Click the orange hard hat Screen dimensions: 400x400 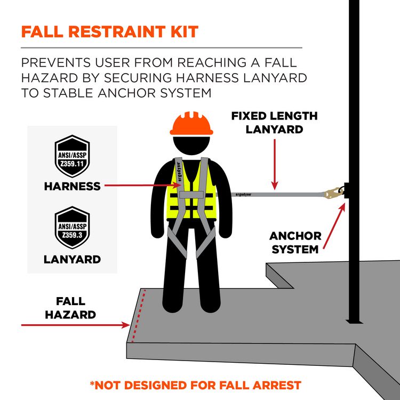[191, 123]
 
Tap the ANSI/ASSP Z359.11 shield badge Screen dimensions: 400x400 [72, 156]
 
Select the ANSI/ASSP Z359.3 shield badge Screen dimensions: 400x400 [72, 227]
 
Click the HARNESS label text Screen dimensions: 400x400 [72, 186]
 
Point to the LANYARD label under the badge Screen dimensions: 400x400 [72, 259]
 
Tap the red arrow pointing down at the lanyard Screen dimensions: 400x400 [275, 164]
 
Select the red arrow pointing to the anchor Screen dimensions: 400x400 [334, 226]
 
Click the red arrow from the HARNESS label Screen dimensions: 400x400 [143, 185]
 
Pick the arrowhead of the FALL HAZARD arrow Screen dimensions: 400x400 [126, 325]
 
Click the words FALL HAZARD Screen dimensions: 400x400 [70, 308]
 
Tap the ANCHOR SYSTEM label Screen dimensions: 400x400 [295, 243]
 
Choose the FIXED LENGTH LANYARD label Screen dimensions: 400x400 [275, 123]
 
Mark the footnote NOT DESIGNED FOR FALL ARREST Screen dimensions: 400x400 [196, 385]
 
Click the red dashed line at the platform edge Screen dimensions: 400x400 [139, 315]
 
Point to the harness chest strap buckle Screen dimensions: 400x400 [191, 195]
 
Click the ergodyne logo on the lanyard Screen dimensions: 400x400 [243, 195]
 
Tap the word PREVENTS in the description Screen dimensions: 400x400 [56, 63]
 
